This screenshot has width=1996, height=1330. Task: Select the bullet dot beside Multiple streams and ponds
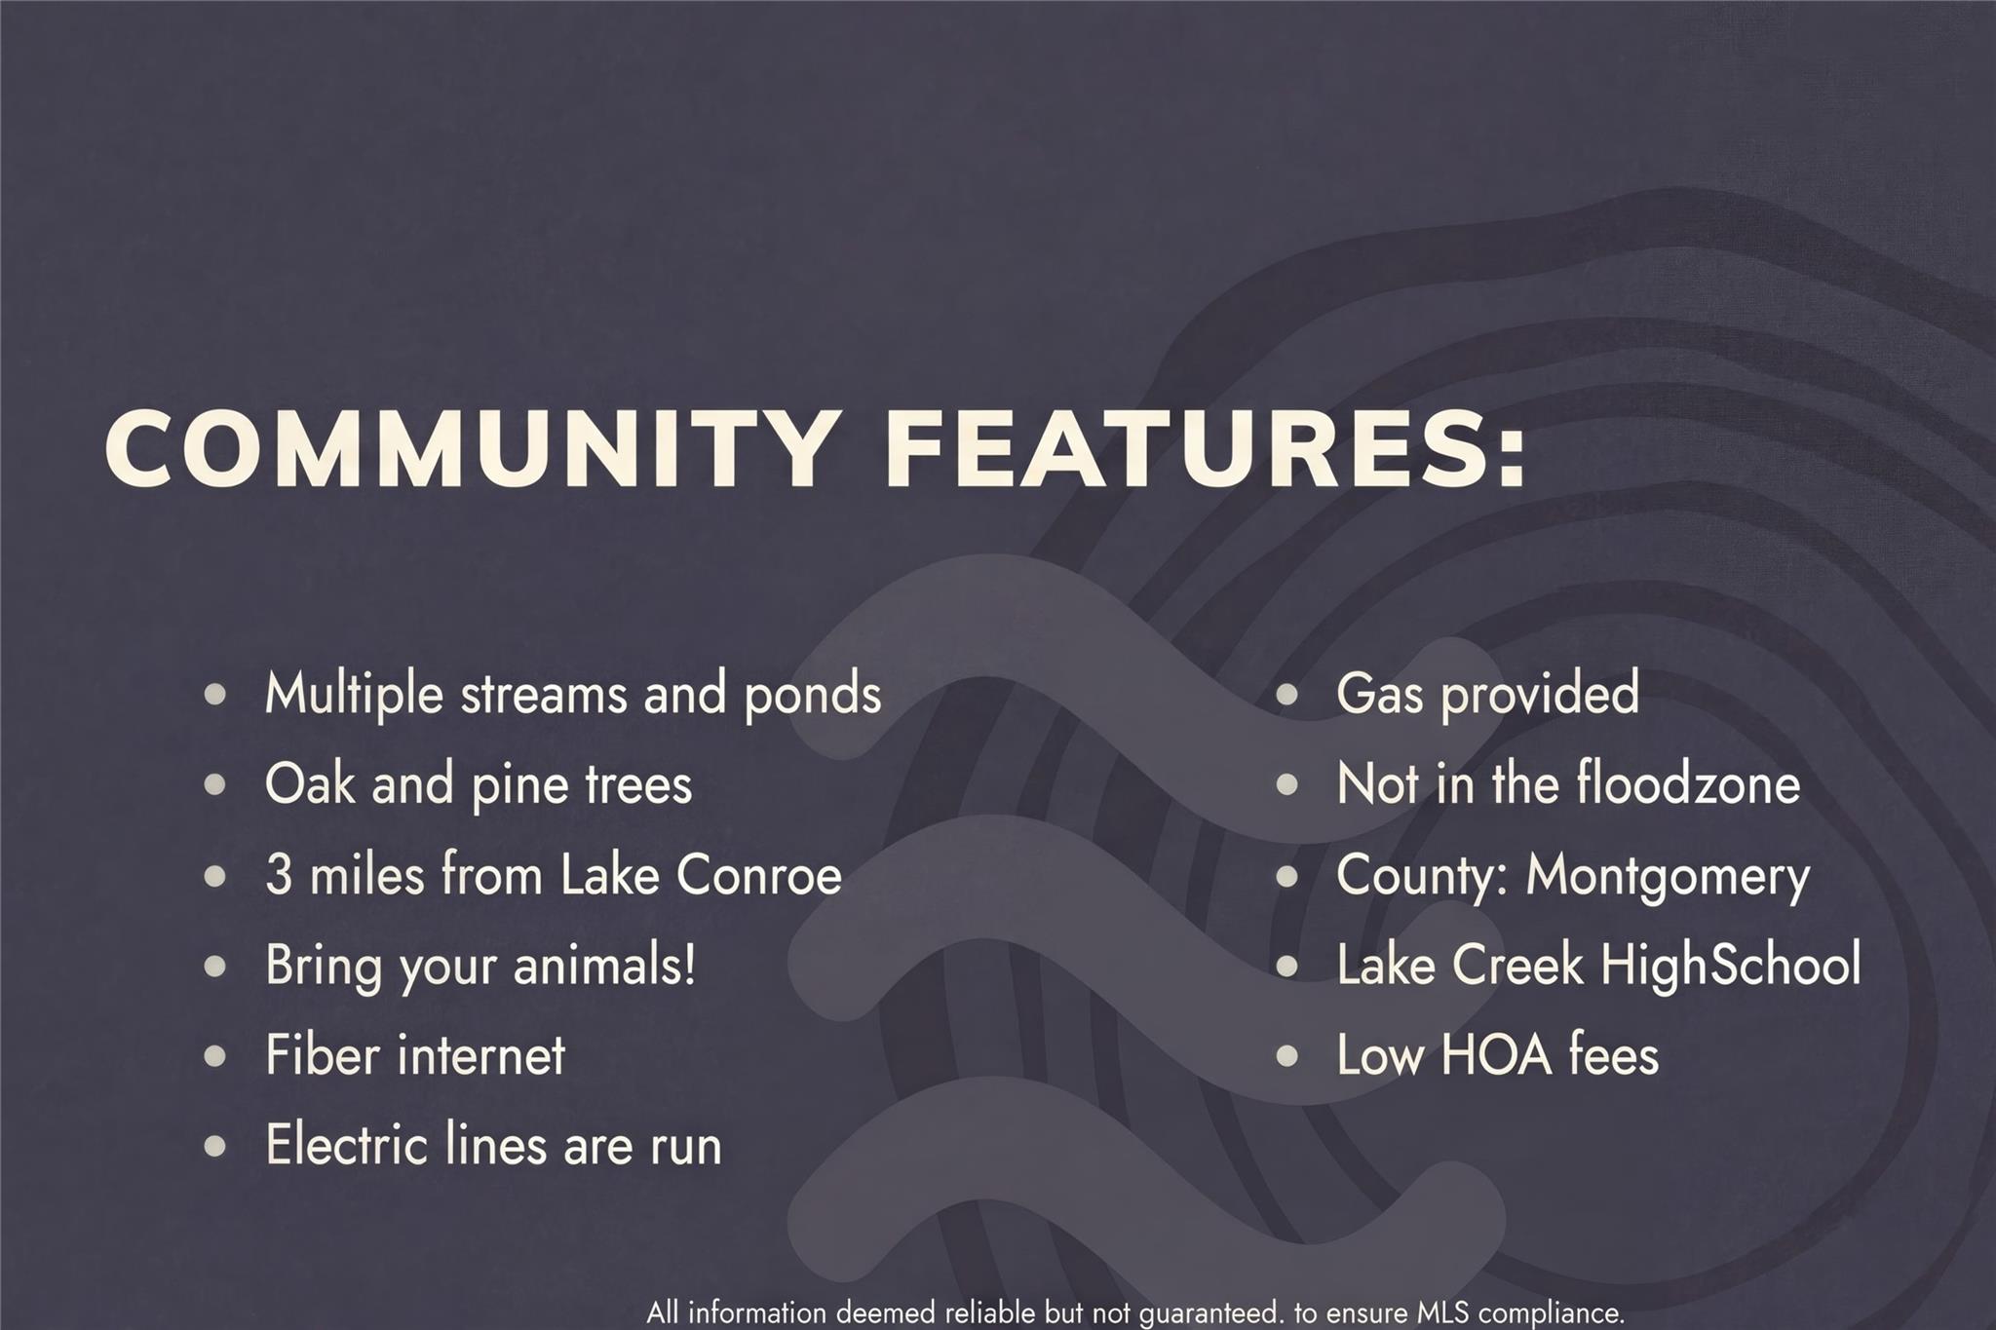(x=215, y=695)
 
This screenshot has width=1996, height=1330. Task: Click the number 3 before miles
(x=279, y=874)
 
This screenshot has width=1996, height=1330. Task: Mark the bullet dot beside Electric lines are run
(x=215, y=1146)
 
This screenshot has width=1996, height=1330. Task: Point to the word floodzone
(x=1688, y=783)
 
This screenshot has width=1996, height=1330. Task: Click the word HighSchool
(x=1731, y=965)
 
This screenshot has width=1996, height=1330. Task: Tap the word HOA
(x=1496, y=1055)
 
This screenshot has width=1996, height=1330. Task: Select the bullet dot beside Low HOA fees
(x=1287, y=1055)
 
